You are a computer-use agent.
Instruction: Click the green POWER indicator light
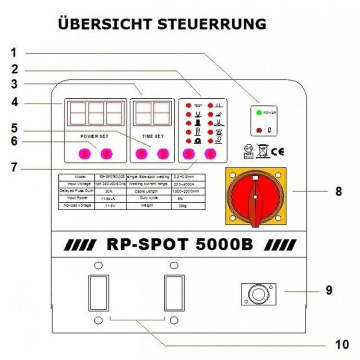coord(258,112)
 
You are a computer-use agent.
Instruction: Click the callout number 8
coord(339,191)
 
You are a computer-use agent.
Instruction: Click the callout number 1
coord(14,53)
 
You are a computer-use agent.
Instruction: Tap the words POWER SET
coord(94,136)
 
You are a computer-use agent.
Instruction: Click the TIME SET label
coord(153,136)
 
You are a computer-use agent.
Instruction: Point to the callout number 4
coord(14,103)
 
